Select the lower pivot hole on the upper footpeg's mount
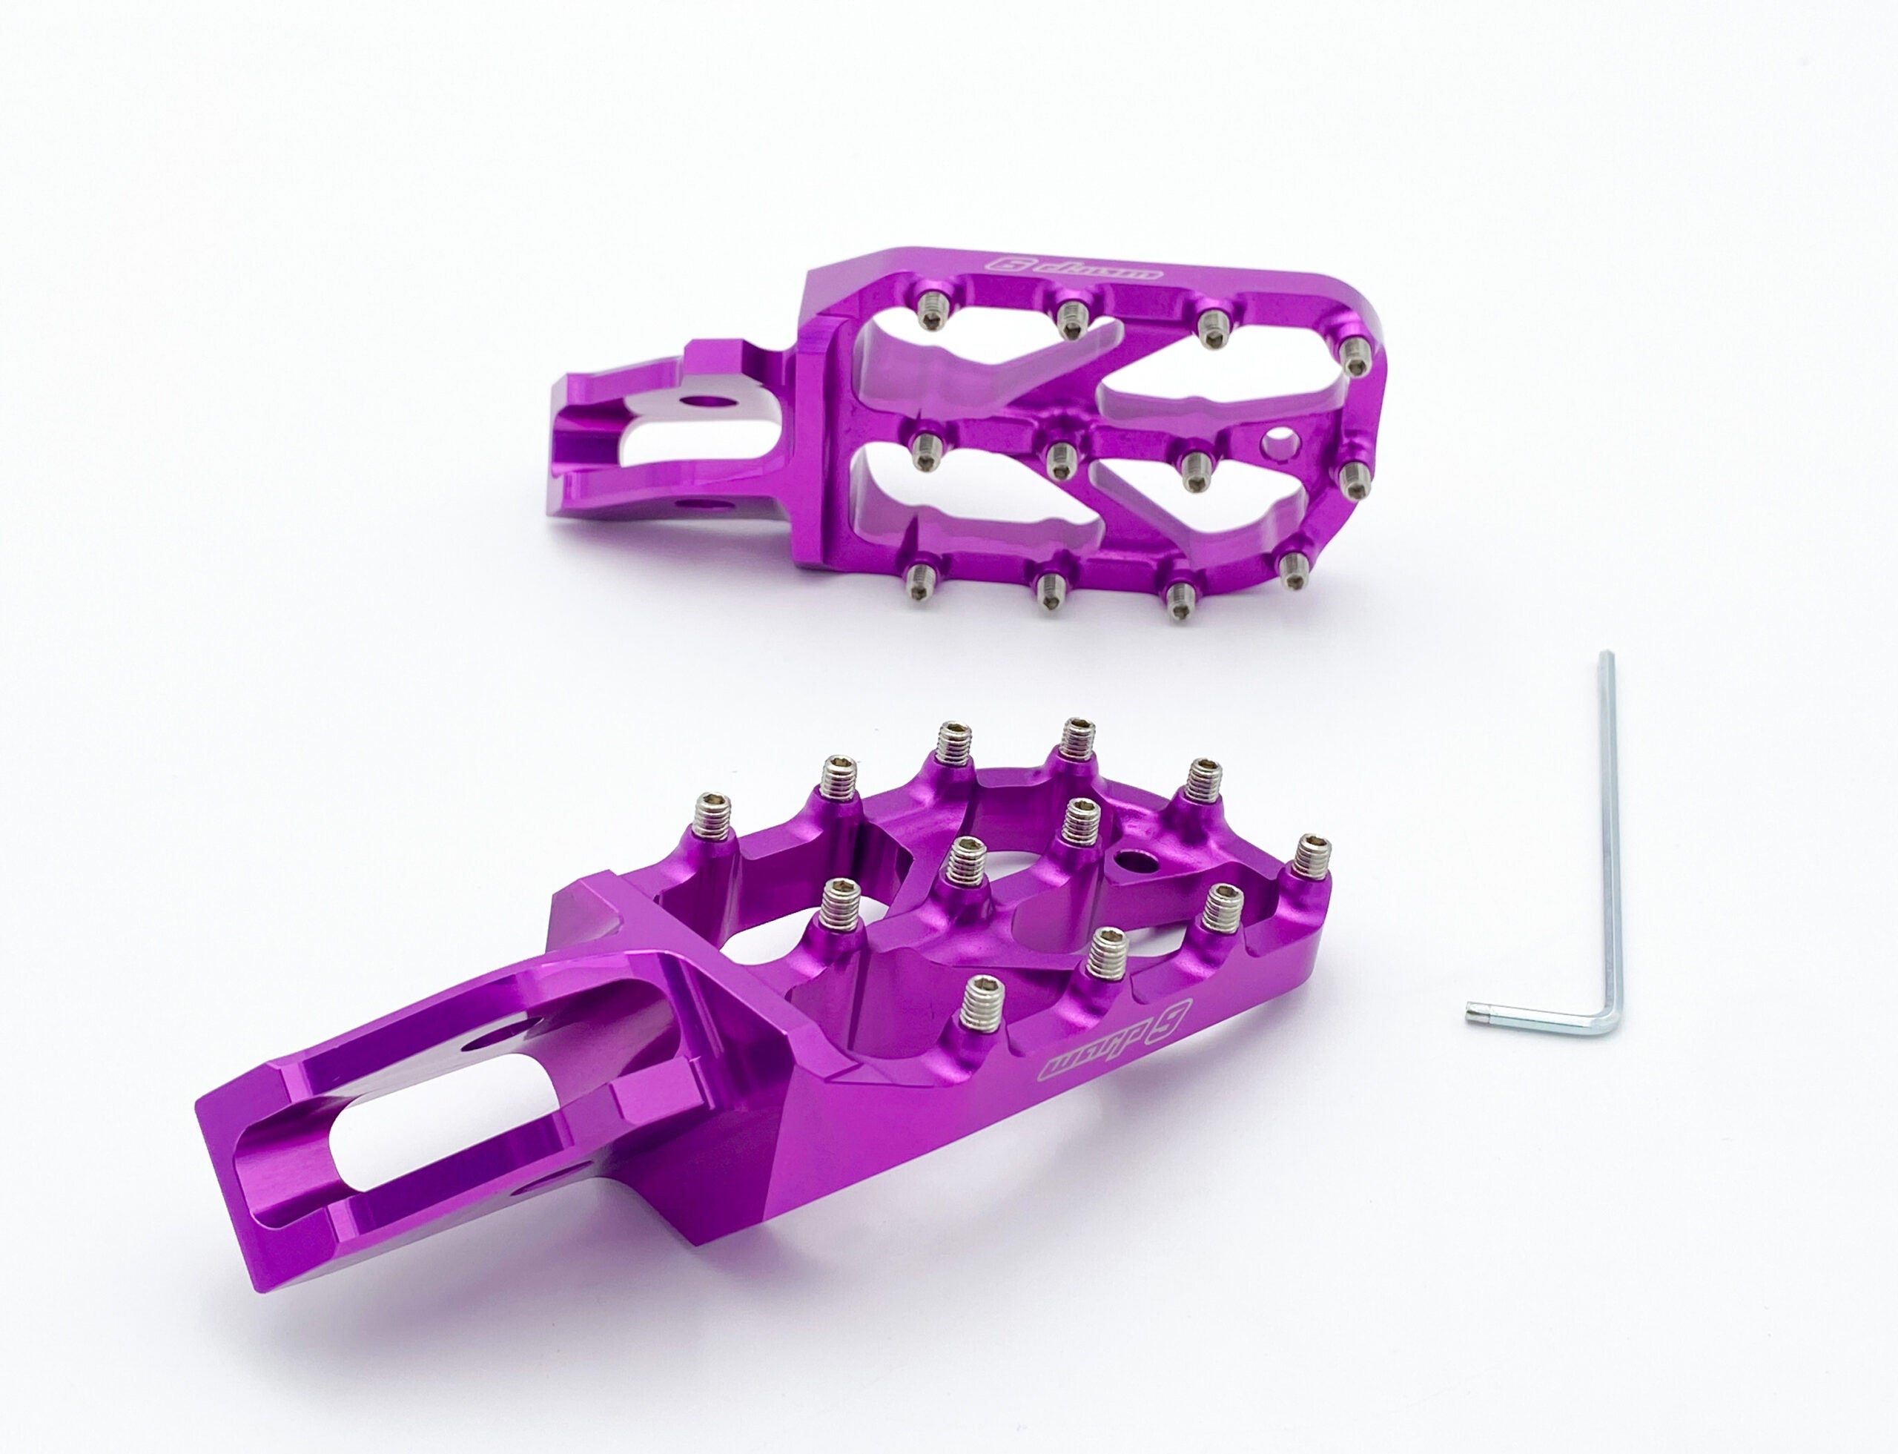pos(692,503)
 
